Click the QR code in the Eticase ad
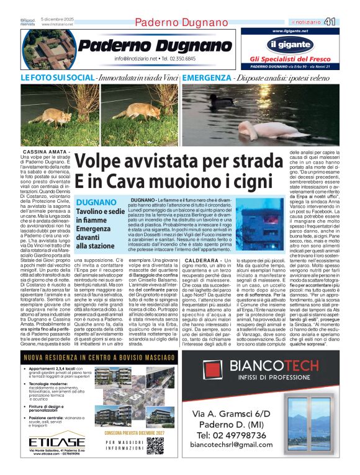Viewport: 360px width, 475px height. coord(155,445)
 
